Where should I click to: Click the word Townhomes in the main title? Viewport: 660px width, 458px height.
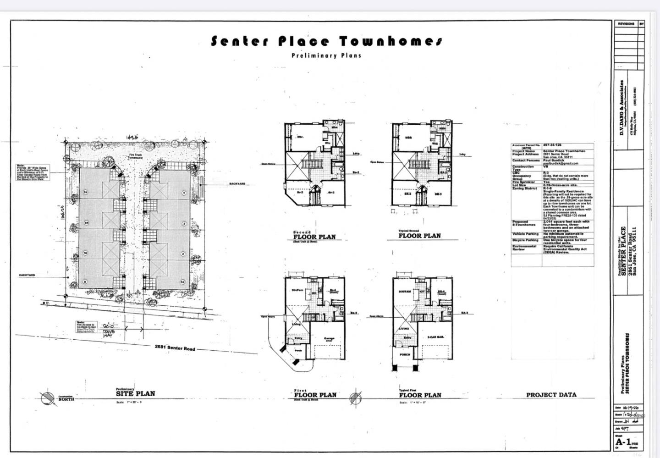click(x=390, y=41)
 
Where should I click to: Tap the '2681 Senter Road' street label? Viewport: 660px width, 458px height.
click(x=175, y=348)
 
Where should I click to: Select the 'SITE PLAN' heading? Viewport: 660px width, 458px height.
click(x=135, y=393)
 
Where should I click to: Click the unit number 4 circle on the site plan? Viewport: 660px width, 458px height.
click(x=184, y=193)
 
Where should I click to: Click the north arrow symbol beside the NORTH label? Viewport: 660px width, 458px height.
click(x=47, y=398)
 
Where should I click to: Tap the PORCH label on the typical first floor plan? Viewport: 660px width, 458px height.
click(x=405, y=354)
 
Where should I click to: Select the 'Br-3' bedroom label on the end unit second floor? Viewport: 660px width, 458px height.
click(x=330, y=193)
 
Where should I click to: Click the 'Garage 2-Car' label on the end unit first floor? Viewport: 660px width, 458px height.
click(x=329, y=340)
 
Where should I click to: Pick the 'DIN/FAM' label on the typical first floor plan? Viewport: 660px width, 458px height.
click(x=405, y=292)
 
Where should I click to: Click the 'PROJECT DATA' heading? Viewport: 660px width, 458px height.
click(x=551, y=395)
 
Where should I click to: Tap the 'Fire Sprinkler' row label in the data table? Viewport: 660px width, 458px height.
click(x=523, y=182)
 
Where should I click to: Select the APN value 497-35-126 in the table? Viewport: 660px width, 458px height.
click(x=552, y=145)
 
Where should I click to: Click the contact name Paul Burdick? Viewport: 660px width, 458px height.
click(x=554, y=160)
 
